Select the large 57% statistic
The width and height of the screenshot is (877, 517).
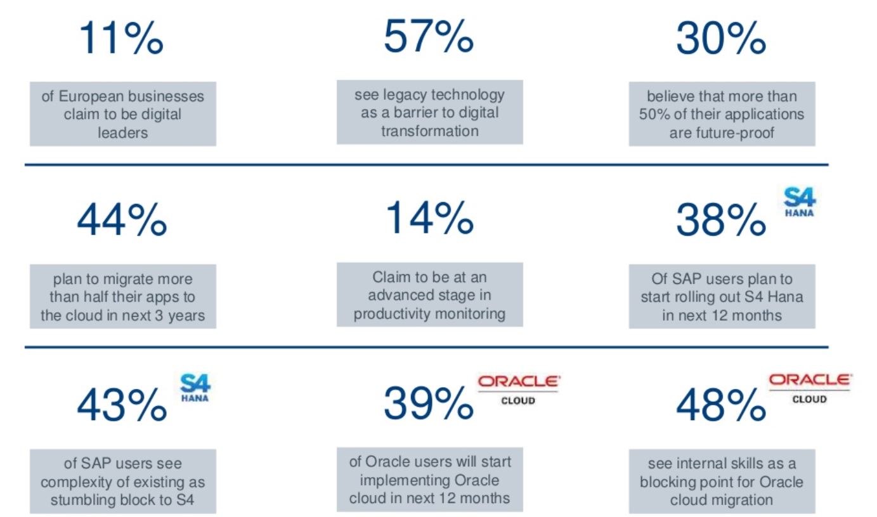428,36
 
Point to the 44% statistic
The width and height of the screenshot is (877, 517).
122,220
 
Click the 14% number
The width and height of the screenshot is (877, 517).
429,219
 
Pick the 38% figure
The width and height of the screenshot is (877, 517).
720,220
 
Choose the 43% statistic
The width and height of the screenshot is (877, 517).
122,405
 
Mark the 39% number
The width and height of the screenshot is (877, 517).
428,404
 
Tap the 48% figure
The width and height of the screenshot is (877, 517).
720,405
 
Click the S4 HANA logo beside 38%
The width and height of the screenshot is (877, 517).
799,201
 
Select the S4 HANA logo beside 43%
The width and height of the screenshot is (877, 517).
195,387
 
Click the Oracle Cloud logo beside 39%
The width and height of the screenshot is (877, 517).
518,388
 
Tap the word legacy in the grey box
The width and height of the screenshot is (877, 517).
406,95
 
